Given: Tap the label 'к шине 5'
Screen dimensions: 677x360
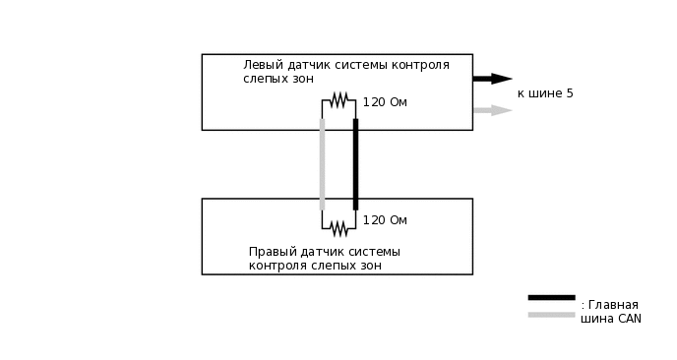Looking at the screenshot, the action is [x=544, y=93].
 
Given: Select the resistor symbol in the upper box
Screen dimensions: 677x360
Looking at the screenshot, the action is [x=338, y=100].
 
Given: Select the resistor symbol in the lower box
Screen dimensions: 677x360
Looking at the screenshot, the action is [x=338, y=228].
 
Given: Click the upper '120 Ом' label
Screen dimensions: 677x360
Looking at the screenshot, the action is [x=385, y=102].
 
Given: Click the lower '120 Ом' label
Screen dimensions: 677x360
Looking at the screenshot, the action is [x=385, y=220].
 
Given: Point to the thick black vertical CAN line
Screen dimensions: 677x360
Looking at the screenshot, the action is [x=355, y=164].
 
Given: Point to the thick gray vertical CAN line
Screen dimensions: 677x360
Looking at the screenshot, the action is [x=322, y=164].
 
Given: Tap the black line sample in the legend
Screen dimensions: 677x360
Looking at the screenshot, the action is [x=551, y=297].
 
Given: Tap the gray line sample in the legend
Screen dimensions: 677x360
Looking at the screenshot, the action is [x=551, y=315].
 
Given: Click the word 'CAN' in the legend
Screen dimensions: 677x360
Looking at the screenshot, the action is [x=630, y=319].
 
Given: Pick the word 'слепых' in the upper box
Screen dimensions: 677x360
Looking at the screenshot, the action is [x=267, y=79].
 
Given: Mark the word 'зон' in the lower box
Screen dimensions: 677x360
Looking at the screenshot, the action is [x=369, y=266].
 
